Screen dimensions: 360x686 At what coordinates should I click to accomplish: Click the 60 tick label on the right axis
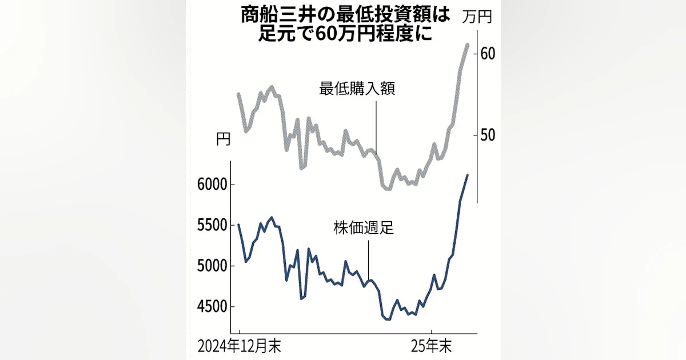[x=488, y=53]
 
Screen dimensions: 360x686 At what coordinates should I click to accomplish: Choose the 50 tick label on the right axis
[x=488, y=135]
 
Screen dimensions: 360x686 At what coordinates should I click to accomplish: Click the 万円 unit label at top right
[x=477, y=17]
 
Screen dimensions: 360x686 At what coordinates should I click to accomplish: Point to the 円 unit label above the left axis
[x=224, y=139]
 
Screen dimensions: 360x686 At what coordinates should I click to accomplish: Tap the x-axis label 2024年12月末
[x=240, y=346]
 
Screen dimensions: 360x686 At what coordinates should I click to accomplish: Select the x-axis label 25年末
[x=432, y=346]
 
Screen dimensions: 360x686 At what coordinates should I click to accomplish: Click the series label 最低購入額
[x=357, y=90]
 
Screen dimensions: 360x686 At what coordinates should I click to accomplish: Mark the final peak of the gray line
[x=468, y=44]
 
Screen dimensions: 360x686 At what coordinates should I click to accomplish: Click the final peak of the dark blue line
[x=468, y=175]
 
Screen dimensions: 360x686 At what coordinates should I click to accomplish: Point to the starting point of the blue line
[x=238, y=225]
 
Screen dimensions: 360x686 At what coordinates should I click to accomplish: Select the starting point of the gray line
[x=238, y=94]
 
